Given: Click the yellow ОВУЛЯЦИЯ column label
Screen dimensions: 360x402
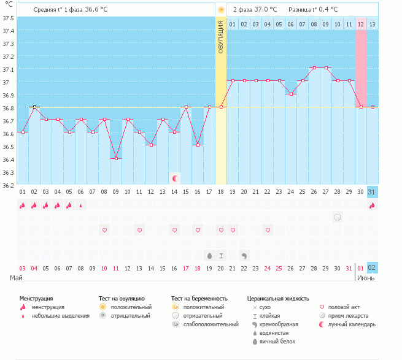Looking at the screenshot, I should pyautogui.click(x=221, y=37).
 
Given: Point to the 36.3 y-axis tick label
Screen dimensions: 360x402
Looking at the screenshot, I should pyautogui.click(x=9, y=172).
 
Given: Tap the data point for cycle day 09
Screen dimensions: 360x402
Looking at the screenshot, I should pyautogui.click(x=116, y=158).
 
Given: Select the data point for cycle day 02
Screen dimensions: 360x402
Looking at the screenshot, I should pyautogui.click(x=35, y=107).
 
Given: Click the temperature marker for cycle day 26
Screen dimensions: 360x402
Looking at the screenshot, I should pyautogui.click(x=314, y=68).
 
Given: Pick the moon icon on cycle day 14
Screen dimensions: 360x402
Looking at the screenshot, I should pyautogui.click(x=175, y=178).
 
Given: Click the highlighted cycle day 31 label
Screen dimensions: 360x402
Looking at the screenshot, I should pyautogui.click(x=372, y=192).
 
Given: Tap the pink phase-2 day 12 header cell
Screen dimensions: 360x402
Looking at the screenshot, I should pyautogui.click(x=361, y=24).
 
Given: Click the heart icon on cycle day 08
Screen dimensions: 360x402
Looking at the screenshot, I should pyautogui.click(x=104, y=230).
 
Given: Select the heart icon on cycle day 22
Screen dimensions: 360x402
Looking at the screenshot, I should pyautogui.click(x=268, y=230).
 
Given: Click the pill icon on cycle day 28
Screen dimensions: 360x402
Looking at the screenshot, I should pyautogui.click(x=338, y=217).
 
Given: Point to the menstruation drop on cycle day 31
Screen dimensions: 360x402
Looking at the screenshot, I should pyautogui.click(x=372, y=205).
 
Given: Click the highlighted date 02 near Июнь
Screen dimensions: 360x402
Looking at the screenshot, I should pyautogui.click(x=372, y=267).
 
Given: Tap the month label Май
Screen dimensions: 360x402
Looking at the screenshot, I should pyautogui.click(x=17, y=278).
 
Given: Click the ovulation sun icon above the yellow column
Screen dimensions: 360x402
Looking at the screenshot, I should pyautogui.click(x=221, y=10).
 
